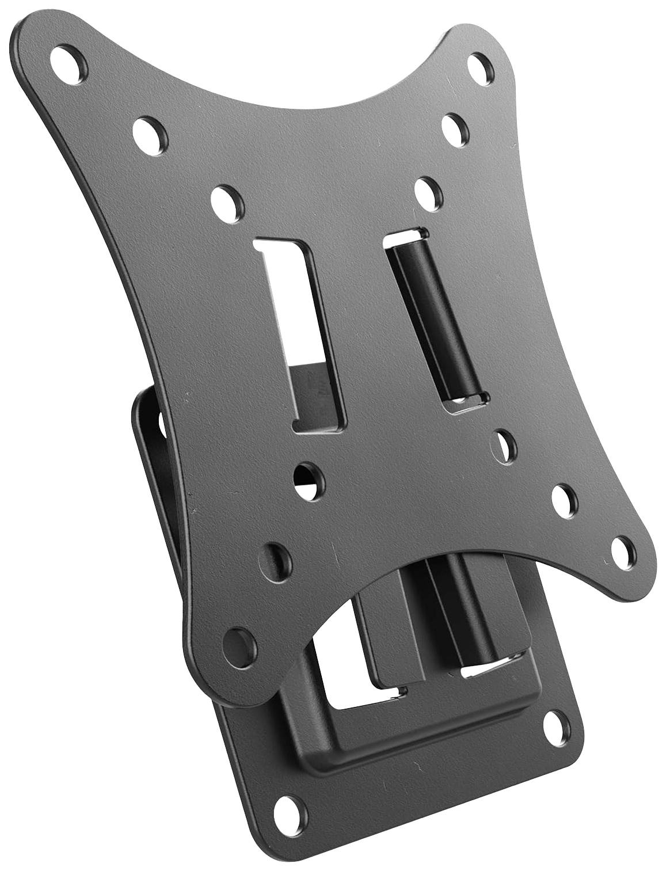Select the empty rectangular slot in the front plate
(x=302, y=334)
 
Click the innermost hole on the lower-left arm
(x=308, y=477)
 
